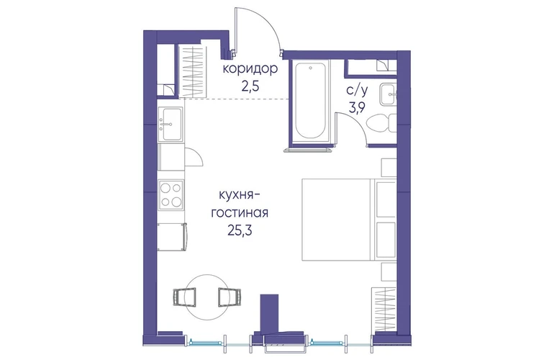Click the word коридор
250,69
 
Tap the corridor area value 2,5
250,86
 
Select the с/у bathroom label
357,91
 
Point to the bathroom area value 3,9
357,108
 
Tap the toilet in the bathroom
381,124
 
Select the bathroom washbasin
389,94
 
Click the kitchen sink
171,124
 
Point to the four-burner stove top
171,194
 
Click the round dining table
207,297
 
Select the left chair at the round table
185,297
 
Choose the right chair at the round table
230,297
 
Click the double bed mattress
337,220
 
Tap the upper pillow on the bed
386,199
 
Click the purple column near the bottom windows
269,313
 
